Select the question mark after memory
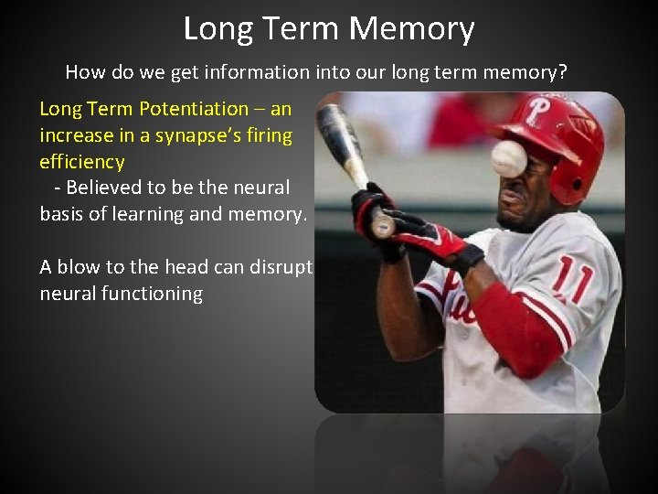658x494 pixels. [563, 70]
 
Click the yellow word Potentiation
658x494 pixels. [193, 109]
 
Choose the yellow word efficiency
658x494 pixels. [82, 162]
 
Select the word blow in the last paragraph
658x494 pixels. [76, 267]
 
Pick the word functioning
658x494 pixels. [152, 294]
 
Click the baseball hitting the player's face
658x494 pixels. [508, 158]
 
